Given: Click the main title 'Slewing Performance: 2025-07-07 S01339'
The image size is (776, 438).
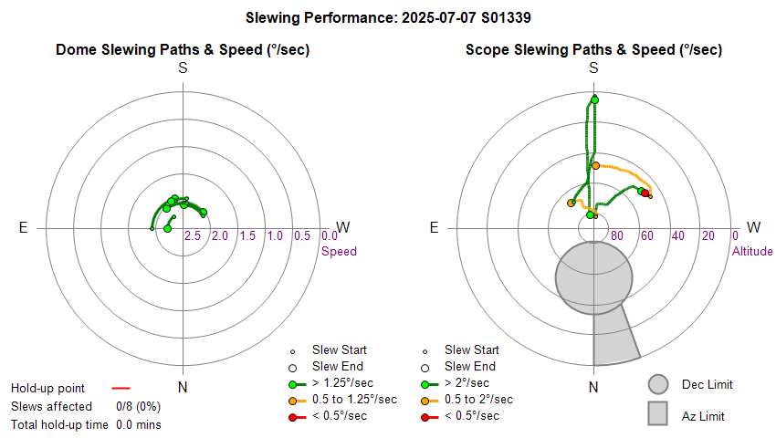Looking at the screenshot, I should pyautogui.click(x=388, y=17).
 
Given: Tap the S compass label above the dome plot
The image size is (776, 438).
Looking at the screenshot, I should pyautogui.click(x=183, y=68).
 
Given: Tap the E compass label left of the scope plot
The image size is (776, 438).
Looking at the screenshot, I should pyautogui.click(x=435, y=227).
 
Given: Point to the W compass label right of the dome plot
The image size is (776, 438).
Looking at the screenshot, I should pyautogui.click(x=343, y=227).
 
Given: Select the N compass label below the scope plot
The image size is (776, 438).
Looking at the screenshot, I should pyautogui.click(x=593, y=387).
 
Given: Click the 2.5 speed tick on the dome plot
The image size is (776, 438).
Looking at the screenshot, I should pyautogui.click(x=193, y=236).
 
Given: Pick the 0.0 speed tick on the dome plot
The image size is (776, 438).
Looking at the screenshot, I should pyautogui.click(x=330, y=236).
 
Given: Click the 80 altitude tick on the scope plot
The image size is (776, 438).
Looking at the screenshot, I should pyautogui.click(x=617, y=236).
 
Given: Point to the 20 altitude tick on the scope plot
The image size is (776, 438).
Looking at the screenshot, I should pyautogui.click(x=708, y=236).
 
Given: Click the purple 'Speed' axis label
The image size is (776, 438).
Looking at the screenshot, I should pyautogui.click(x=339, y=251).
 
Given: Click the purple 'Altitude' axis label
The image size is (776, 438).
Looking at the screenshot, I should pyautogui.click(x=752, y=251).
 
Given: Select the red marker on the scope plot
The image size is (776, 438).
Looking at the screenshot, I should pyautogui.click(x=645, y=193).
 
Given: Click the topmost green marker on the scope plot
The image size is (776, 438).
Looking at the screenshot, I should pyautogui.click(x=594, y=99).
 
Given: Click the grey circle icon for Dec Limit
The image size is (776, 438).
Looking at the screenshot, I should pyautogui.click(x=658, y=385).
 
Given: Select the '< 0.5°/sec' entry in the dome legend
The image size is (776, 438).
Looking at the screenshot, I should pyautogui.click(x=342, y=416).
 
